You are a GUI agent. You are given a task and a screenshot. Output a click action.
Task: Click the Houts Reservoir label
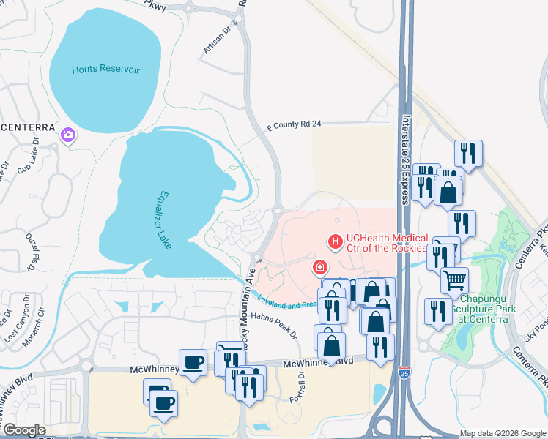pyautogui.click(x=105, y=70)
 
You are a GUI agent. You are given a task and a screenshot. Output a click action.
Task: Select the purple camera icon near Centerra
pyautogui.click(x=68, y=135)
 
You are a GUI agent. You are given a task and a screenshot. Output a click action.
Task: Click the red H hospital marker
pyautogui.click(x=336, y=240)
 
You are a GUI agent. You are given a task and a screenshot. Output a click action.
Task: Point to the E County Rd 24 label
pyautogui.click(x=294, y=125)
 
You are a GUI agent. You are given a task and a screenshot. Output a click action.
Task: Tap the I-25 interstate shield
pyautogui.click(x=405, y=372)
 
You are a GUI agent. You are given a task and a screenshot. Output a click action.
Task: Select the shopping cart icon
pyautogui.click(x=454, y=279)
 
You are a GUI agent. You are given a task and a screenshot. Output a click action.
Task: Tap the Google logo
pyautogui.click(x=24, y=430)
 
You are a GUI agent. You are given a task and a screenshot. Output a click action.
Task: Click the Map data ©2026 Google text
pyautogui.click(x=502, y=433)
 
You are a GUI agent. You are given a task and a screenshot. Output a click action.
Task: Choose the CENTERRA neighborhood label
pyautogui.click(x=28, y=127)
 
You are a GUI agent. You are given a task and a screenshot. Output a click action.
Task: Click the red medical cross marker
pyautogui.click(x=319, y=267)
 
